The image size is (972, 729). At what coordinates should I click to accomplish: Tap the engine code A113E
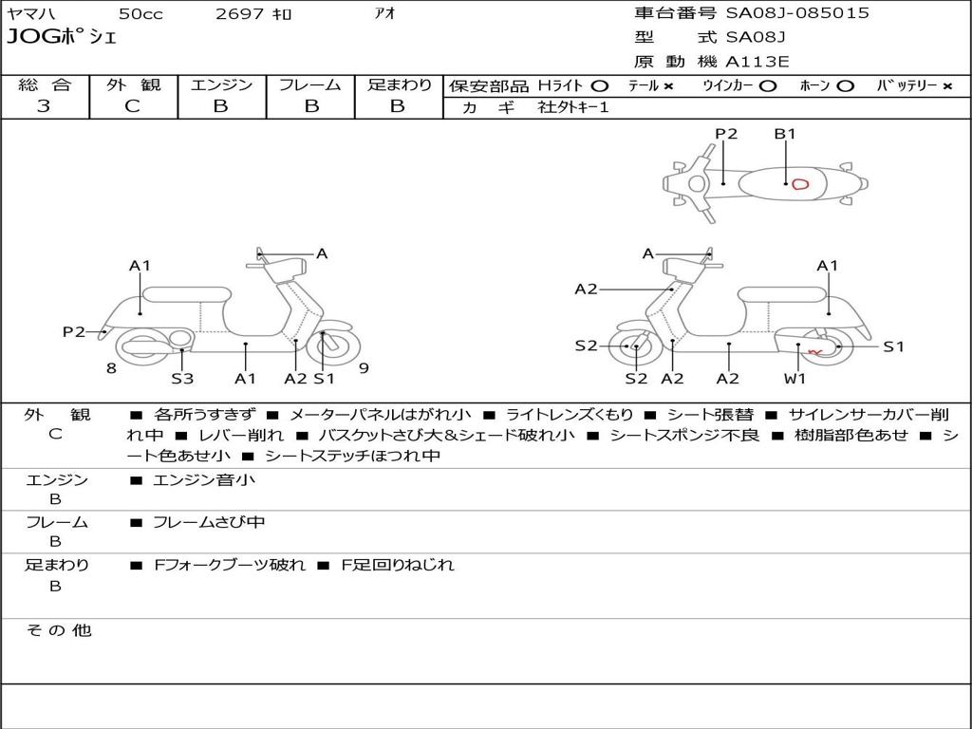pyautogui.click(x=757, y=62)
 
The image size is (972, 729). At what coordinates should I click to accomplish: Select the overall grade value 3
pyautogui.click(x=44, y=106)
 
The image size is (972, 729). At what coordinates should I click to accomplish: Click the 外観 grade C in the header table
pyautogui.click(x=132, y=106)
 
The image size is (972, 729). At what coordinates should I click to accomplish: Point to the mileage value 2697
pyautogui.click(x=240, y=14)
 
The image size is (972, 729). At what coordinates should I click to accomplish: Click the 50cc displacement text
pyautogui.click(x=140, y=14)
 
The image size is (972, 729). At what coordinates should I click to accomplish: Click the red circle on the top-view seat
pyautogui.click(x=800, y=184)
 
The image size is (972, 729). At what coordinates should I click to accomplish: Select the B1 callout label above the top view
pyautogui.click(x=785, y=134)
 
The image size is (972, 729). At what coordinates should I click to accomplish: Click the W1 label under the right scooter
pyautogui.click(x=794, y=379)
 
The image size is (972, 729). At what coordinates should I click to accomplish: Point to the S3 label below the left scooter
pyautogui.click(x=182, y=379)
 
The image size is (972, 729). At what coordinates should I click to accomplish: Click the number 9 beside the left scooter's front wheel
pyautogui.click(x=364, y=367)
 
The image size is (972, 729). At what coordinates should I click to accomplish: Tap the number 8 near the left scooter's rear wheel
pyautogui.click(x=111, y=367)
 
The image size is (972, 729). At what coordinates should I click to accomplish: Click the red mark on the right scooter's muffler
pyautogui.click(x=813, y=352)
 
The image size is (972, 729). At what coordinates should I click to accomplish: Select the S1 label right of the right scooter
pyautogui.click(x=893, y=346)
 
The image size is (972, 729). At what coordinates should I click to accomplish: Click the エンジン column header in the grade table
pyautogui.click(x=221, y=84)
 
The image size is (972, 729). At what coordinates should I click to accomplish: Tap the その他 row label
pyautogui.click(x=58, y=630)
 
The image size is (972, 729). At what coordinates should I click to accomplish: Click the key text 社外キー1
pyautogui.click(x=573, y=107)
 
